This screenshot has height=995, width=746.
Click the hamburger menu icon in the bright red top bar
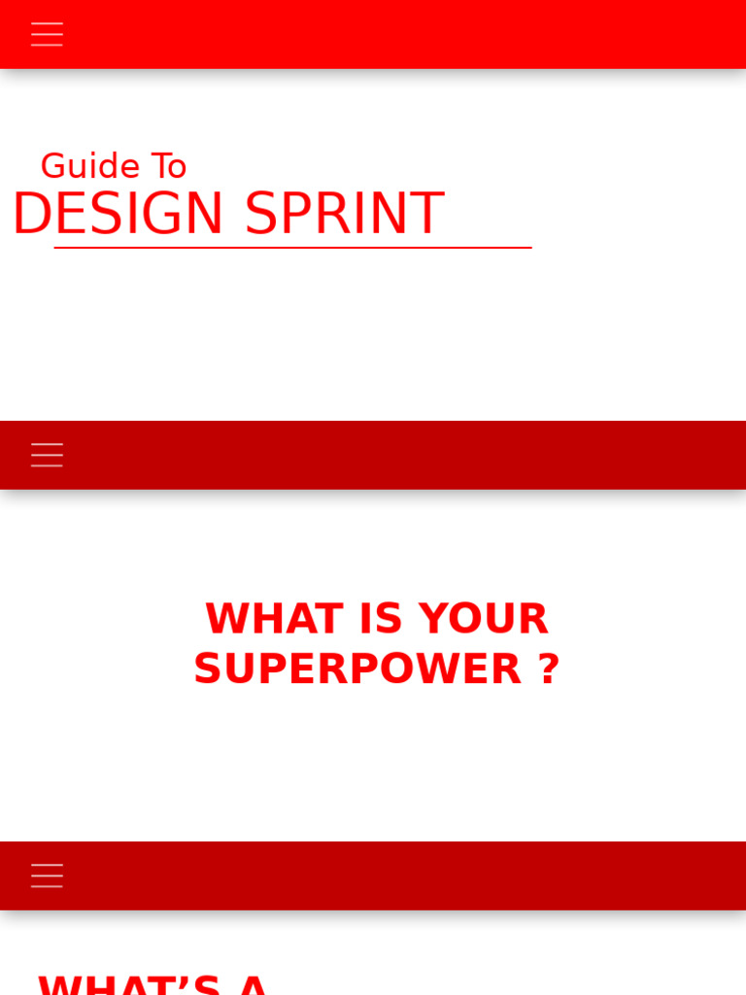pyautogui.click(x=47, y=34)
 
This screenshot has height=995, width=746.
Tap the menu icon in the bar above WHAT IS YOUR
pyautogui.click(x=47, y=455)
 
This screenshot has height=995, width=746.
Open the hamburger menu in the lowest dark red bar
pyautogui.click(x=47, y=875)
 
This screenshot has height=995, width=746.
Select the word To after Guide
pyautogui.click(x=169, y=166)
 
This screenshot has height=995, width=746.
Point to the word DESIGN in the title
pyautogui.click(x=119, y=214)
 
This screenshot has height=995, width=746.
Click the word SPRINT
pyautogui.click(x=344, y=214)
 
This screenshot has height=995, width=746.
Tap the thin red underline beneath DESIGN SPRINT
pyautogui.click(x=291, y=248)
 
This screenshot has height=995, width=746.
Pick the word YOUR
pyautogui.click(x=484, y=619)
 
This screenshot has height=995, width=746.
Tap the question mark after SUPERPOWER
pyautogui.click(x=549, y=669)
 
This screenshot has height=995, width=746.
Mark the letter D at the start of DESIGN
pyautogui.click(x=32, y=214)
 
